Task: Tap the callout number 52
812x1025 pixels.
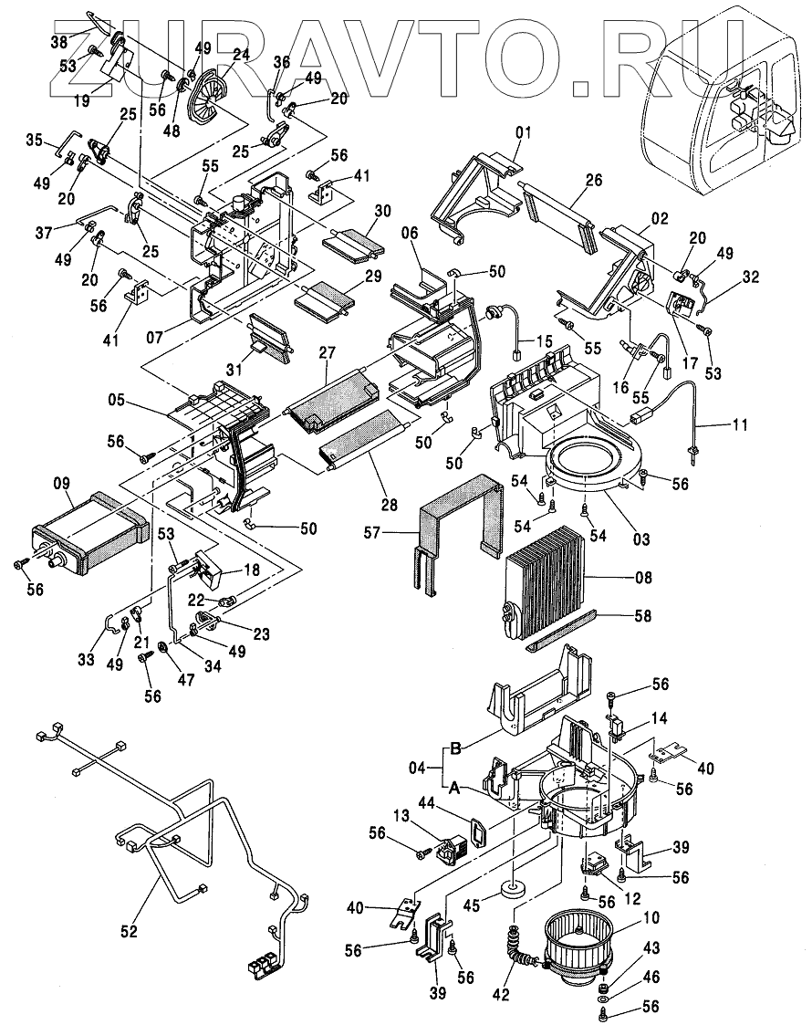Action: (x=129, y=932)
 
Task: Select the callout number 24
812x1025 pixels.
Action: (x=241, y=55)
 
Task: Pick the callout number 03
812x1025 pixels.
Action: (x=641, y=540)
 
